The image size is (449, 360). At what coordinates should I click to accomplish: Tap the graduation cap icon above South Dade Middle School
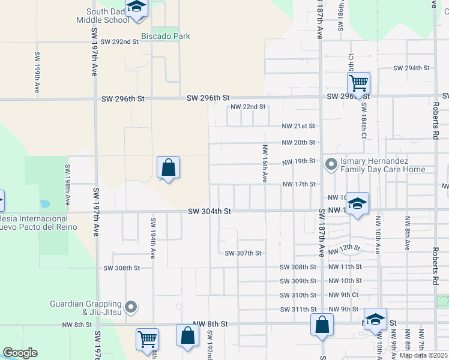click(137, 7)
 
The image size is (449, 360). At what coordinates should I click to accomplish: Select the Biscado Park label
click(165, 36)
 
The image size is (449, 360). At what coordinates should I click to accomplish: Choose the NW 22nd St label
click(248, 107)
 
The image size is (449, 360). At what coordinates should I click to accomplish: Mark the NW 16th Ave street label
click(264, 163)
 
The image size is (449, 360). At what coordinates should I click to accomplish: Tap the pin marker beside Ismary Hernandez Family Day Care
click(331, 163)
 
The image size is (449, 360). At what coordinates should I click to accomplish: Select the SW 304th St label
click(209, 211)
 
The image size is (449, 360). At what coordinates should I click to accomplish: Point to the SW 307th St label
click(243, 253)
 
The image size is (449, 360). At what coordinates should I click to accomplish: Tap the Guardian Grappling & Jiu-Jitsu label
click(87, 308)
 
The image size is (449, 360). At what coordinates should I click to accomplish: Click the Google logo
click(20, 353)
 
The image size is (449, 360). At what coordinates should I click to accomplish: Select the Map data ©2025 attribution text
click(424, 355)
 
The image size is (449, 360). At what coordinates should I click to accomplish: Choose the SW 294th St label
click(412, 68)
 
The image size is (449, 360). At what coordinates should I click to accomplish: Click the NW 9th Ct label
click(343, 295)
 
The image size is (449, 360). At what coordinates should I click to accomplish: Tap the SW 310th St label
click(298, 295)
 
